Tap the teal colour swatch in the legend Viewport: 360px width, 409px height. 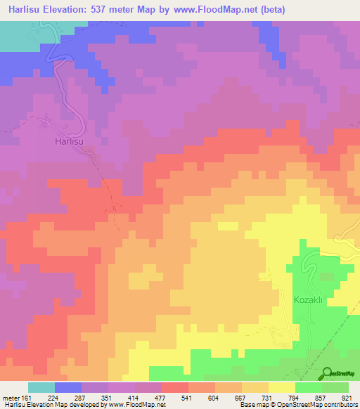tap(41, 387)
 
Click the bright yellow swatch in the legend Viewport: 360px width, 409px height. tap(281, 387)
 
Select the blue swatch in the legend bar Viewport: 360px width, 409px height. tap(68, 387)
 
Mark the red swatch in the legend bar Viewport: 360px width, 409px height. tap(175, 387)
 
